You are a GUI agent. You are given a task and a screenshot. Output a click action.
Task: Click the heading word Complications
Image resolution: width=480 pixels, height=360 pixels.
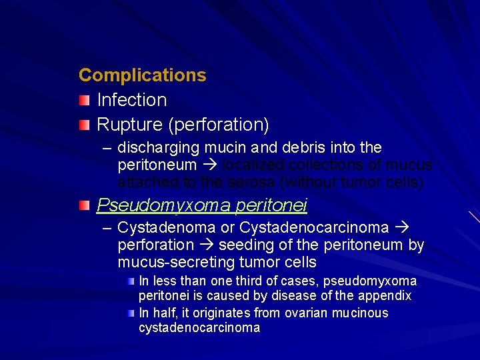point(142,75)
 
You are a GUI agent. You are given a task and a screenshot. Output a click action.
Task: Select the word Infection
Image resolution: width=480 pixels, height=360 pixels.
point(131,100)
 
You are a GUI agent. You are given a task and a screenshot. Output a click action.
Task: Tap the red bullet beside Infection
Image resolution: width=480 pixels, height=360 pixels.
point(83,101)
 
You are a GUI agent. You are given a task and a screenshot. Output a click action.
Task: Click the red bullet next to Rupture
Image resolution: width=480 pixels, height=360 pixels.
point(83,125)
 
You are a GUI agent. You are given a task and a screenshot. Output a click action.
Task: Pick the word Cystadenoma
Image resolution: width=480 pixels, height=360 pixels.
point(166,228)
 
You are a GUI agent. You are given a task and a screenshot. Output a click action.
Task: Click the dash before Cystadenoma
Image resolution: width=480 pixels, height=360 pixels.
point(107,228)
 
